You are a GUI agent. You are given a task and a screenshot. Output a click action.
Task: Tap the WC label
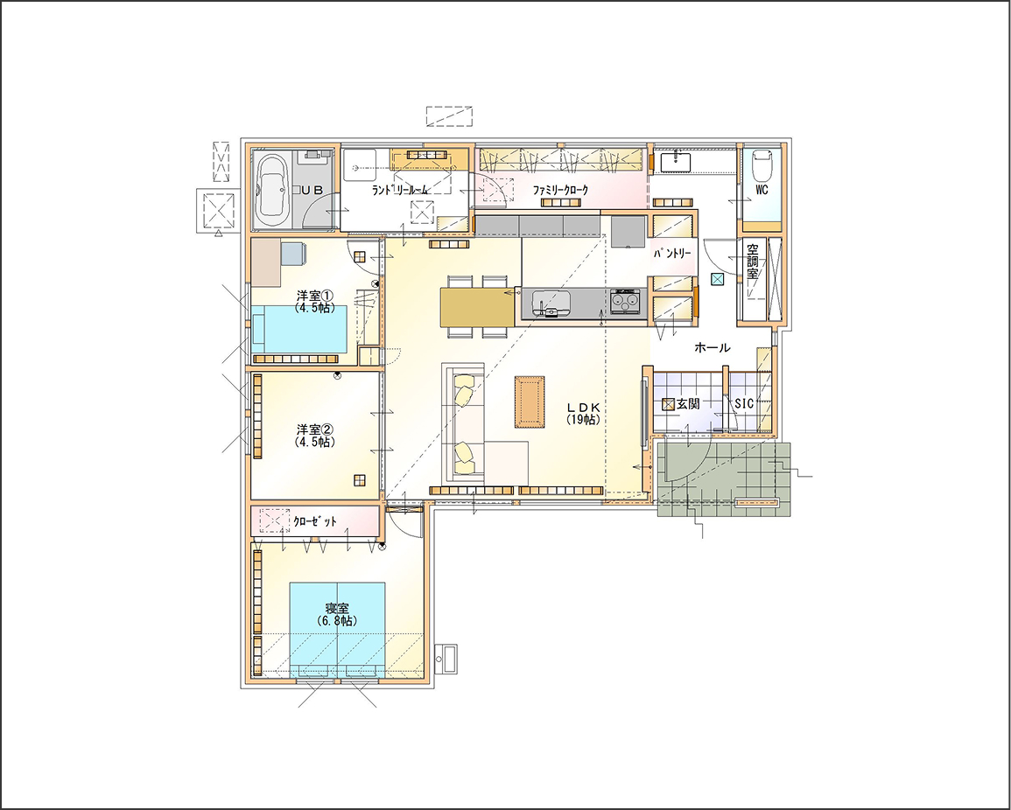[762, 190]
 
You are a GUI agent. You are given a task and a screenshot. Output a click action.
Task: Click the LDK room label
[584, 413]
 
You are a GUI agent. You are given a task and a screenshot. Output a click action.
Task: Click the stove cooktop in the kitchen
[626, 302]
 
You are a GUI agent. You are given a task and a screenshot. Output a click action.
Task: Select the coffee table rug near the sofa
[530, 402]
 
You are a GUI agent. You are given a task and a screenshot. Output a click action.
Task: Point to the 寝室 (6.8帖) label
[337, 614]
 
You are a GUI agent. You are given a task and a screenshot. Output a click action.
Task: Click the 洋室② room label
[315, 435]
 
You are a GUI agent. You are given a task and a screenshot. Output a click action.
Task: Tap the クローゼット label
[314, 521]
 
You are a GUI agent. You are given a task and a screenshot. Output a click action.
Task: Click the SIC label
[744, 403]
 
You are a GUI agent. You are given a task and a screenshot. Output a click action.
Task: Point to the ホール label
[713, 348]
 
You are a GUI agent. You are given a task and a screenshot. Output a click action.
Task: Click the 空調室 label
[753, 261]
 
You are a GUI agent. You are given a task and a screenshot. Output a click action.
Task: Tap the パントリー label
[672, 254]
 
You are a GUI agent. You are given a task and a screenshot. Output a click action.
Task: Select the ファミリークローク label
[560, 190]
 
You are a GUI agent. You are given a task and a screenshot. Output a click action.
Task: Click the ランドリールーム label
[400, 190]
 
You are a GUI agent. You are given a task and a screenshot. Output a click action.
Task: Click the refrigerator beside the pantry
[628, 231]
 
